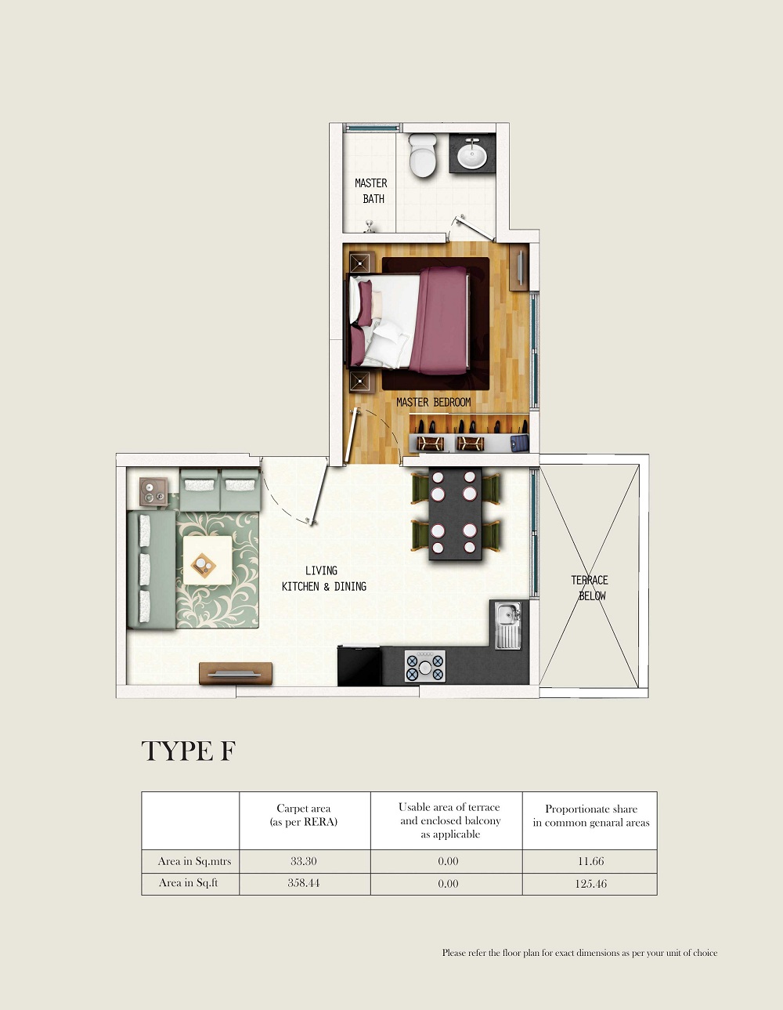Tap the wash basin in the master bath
(472, 153)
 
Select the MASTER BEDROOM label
(433, 403)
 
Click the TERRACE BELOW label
(590, 588)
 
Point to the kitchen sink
(508, 625)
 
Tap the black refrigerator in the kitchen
(359, 665)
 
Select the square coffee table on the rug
(207, 560)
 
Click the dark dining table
(455, 514)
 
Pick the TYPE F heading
(189, 751)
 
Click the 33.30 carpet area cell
(304, 861)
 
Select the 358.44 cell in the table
(304, 883)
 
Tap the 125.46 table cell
(590, 884)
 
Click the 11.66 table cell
(590, 861)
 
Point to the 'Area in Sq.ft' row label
(189, 883)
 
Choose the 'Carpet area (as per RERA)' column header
(304, 815)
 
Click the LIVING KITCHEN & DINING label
(323, 579)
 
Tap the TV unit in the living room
(236, 674)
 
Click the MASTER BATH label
(371, 191)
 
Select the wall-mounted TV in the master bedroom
(519, 267)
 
